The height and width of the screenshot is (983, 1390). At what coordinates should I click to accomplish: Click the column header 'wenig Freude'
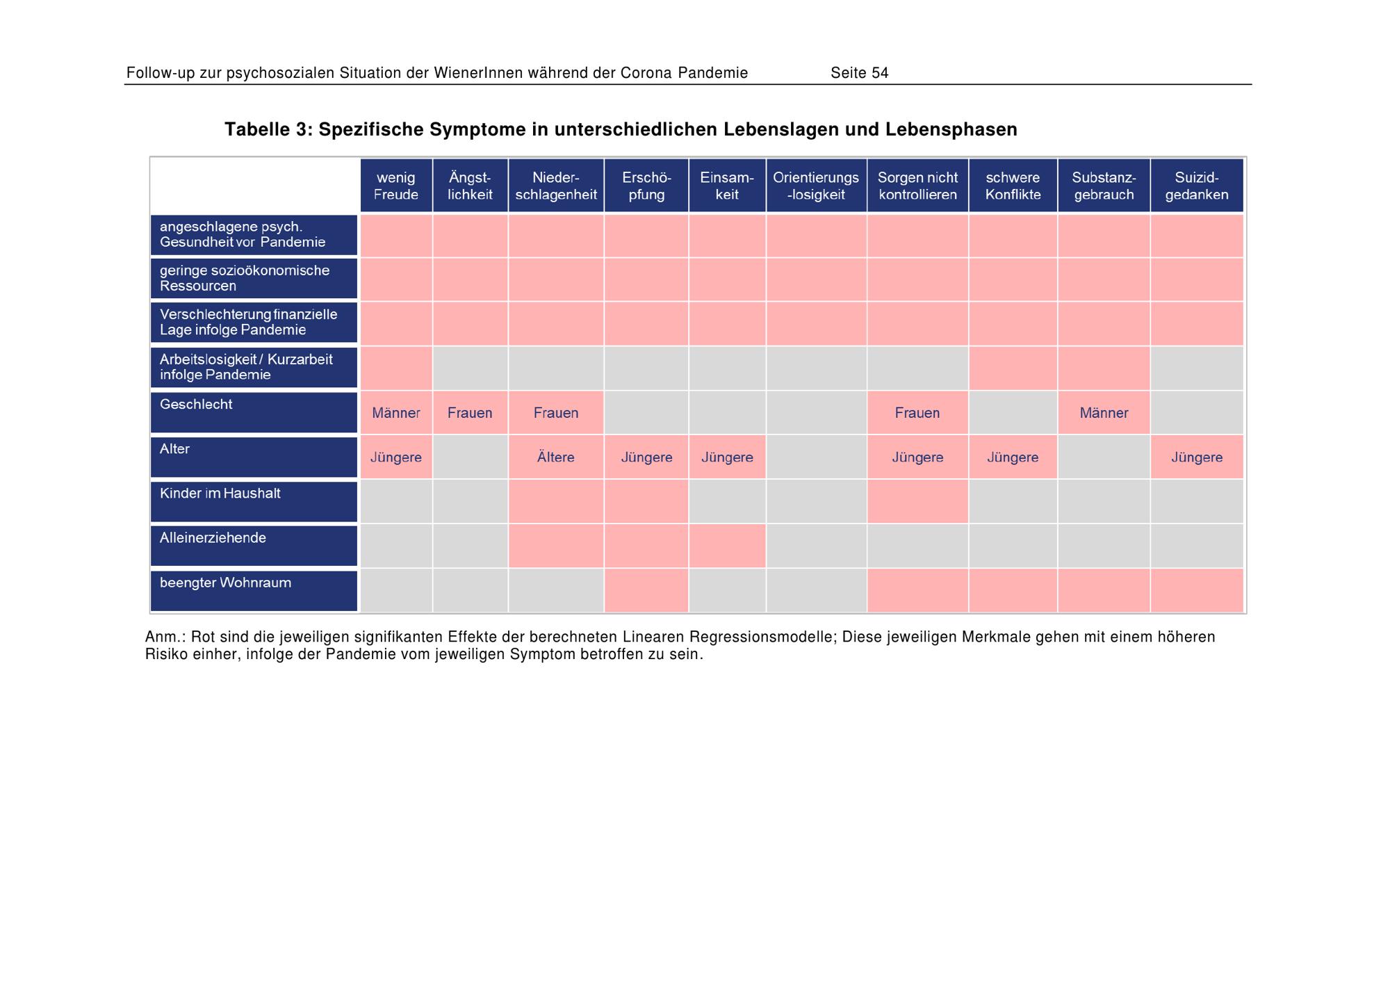point(396,186)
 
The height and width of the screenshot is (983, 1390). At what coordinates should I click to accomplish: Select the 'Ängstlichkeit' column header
point(470,186)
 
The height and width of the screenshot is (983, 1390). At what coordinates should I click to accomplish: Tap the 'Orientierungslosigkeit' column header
point(816,186)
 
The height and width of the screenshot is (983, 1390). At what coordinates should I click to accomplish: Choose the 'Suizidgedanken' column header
point(1197,186)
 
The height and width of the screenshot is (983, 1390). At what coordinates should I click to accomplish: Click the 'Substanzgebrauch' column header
point(1104,186)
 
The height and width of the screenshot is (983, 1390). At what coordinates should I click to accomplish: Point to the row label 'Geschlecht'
point(196,405)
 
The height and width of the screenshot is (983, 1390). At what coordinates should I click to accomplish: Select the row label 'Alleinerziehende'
point(213,538)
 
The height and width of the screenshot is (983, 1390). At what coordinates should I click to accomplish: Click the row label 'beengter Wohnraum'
point(225,583)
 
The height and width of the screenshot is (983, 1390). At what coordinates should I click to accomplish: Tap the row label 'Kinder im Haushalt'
point(220,494)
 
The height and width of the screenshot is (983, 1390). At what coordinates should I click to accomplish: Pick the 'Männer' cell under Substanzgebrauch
point(1104,413)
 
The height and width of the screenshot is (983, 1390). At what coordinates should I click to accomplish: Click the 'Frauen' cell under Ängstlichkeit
point(470,413)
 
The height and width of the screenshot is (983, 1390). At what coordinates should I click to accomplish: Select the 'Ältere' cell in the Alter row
point(556,457)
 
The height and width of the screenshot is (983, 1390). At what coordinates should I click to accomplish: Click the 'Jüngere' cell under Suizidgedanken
point(1197,457)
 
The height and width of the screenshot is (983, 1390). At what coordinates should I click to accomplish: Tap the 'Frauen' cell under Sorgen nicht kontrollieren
point(917,413)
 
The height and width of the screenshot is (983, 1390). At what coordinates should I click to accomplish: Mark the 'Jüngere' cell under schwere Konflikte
point(1013,457)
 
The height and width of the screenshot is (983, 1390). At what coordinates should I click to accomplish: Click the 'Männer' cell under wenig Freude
point(396,413)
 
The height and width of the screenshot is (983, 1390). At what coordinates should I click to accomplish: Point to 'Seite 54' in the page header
point(860,73)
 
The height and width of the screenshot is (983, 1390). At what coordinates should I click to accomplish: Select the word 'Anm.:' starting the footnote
point(165,637)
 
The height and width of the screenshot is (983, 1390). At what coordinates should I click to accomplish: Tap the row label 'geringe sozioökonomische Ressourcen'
point(245,278)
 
